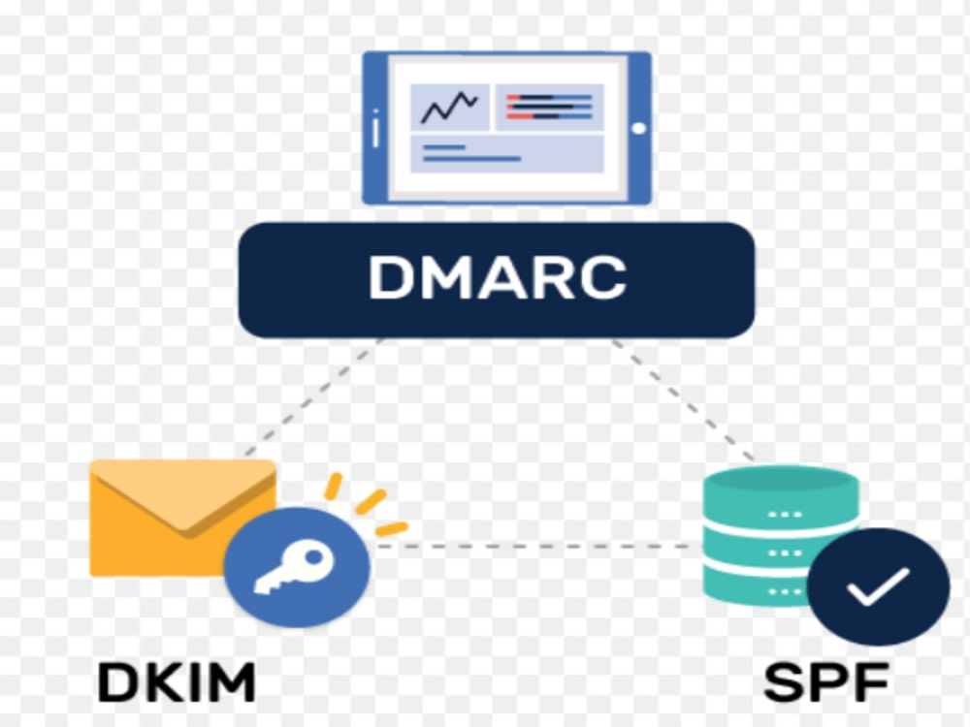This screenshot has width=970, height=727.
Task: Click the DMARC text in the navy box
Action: tap(498, 277)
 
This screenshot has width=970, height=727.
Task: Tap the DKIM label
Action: tap(177, 681)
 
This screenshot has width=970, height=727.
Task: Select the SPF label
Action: tap(826, 681)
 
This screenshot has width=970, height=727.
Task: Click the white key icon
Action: tap(295, 567)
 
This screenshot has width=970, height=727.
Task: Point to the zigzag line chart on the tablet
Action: tap(450, 108)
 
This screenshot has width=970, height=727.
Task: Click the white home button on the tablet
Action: tap(639, 129)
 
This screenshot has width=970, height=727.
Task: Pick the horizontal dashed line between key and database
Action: tap(536, 546)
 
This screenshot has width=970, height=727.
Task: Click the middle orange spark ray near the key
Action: tap(371, 501)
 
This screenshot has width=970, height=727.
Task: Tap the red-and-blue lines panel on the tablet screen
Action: tap(549, 107)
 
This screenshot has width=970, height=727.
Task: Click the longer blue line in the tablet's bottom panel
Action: tap(471, 160)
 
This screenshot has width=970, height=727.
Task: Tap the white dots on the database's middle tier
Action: tap(784, 553)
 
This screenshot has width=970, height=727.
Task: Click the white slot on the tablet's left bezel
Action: tap(375, 129)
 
